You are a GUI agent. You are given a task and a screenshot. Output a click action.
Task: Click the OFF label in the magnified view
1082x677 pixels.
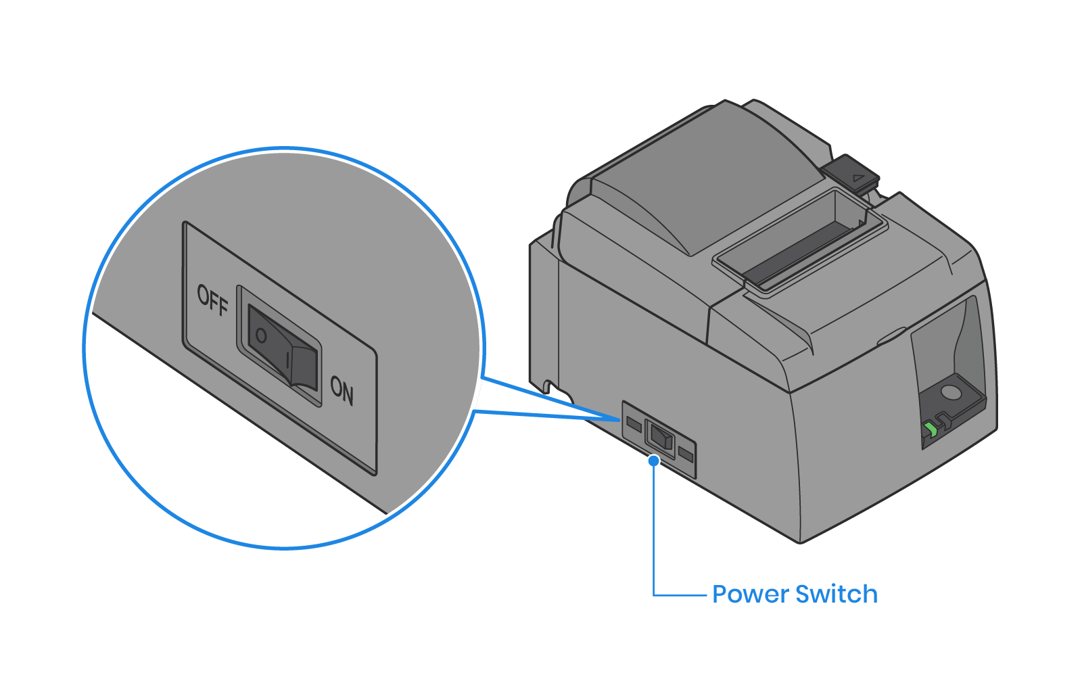click(x=212, y=300)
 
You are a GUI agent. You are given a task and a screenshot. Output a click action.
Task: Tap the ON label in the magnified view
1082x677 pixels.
click(x=342, y=390)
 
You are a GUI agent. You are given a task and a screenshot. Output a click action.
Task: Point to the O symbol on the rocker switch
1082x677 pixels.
click(x=261, y=335)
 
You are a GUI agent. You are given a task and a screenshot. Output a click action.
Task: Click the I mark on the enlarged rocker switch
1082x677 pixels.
click(x=288, y=360)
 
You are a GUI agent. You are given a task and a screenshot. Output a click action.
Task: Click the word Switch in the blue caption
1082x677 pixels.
click(x=837, y=594)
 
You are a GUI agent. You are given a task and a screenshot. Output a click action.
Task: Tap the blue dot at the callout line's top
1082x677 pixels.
click(x=653, y=461)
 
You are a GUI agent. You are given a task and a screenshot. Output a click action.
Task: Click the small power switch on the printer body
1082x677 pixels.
click(x=661, y=437)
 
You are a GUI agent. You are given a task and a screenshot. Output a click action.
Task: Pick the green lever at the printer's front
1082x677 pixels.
click(x=931, y=429)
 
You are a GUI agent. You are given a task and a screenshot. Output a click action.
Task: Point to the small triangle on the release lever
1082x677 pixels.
click(x=858, y=179)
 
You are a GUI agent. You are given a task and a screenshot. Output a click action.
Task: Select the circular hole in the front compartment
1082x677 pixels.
click(x=951, y=392)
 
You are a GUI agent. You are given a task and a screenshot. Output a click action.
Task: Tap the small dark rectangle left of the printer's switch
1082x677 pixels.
click(x=634, y=424)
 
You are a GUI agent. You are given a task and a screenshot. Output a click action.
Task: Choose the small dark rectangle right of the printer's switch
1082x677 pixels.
click(x=686, y=454)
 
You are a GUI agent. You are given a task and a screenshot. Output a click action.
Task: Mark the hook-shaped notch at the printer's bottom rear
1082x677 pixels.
click(x=548, y=386)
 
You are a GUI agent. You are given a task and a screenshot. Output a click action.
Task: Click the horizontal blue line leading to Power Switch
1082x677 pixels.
click(x=680, y=595)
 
